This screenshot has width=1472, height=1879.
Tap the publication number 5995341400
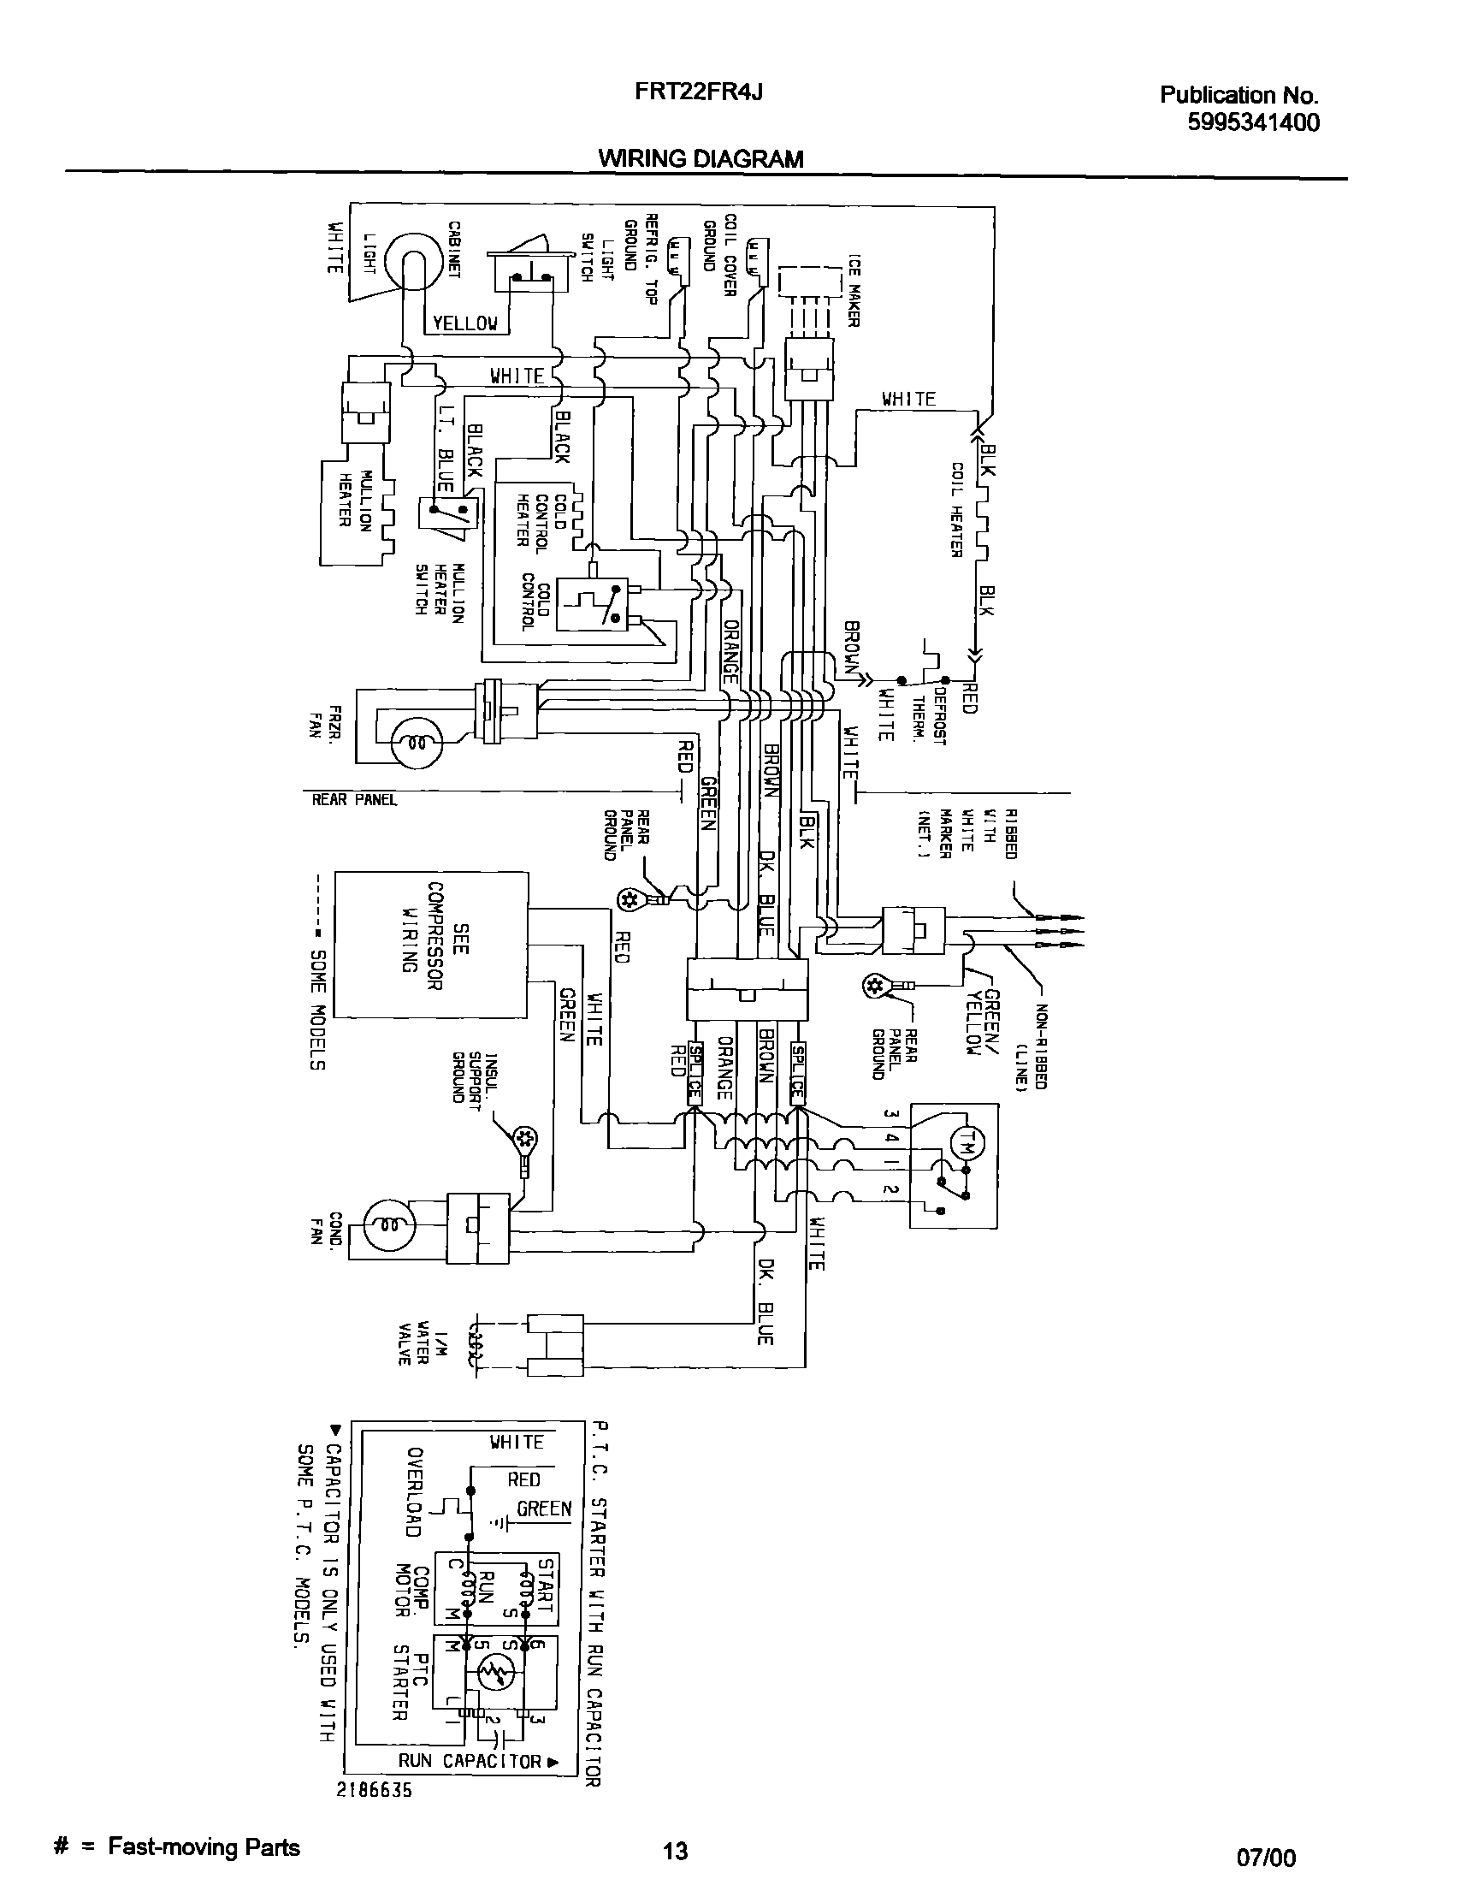[x=1253, y=122]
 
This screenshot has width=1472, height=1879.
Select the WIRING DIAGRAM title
[x=701, y=158]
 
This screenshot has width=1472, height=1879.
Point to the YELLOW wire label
[x=464, y=324]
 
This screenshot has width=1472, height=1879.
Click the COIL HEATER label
[x=955, y=509]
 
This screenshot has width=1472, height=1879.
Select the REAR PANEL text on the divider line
[x=354, y=800]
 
